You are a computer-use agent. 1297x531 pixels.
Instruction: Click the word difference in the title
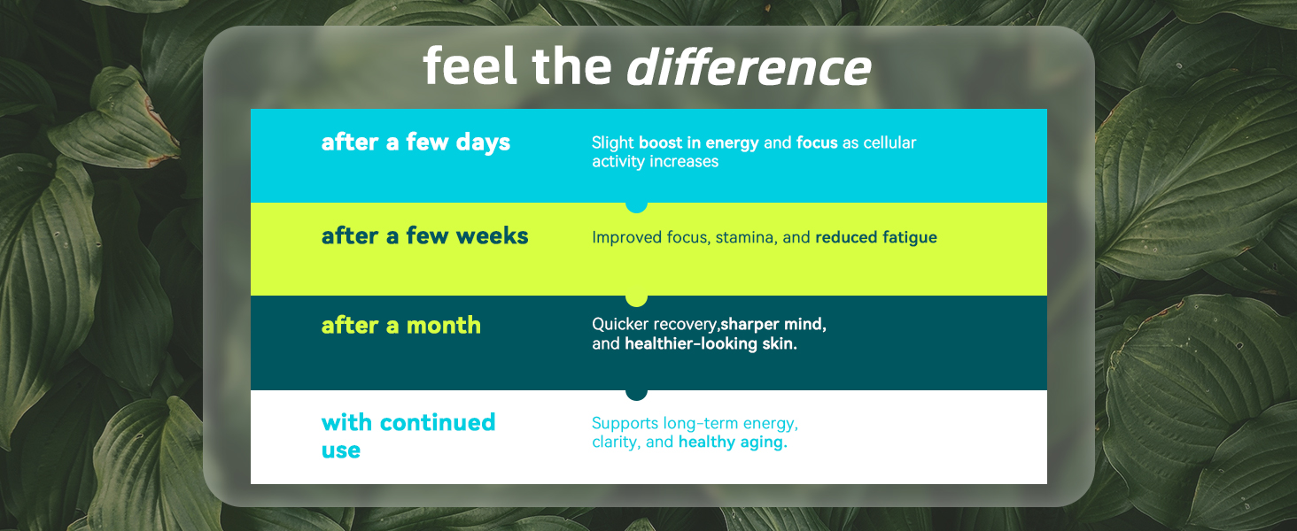749,66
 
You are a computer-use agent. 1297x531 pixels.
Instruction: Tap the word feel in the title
470,66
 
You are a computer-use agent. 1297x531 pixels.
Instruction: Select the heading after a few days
416,142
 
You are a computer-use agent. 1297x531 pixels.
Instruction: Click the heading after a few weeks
425,236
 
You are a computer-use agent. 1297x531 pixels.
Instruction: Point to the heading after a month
401,325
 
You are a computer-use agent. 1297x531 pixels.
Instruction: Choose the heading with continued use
408,436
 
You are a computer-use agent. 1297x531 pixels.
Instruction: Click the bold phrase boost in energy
699,142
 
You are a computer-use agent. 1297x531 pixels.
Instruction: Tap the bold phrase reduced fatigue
876,237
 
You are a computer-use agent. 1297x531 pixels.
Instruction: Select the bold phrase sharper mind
773,324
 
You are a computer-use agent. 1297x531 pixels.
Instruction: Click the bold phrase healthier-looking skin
711,343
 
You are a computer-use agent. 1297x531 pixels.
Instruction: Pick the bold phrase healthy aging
733,442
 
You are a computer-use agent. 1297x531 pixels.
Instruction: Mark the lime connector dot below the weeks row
636,300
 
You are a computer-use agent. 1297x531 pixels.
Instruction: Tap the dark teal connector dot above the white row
636,395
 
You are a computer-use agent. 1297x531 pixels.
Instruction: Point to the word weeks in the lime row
493,236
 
